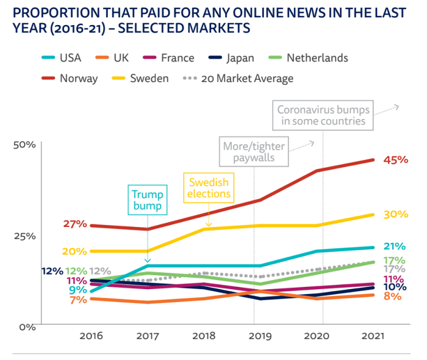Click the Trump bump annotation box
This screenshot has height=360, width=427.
click(148, 200)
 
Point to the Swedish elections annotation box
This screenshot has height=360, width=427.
click(209, 188)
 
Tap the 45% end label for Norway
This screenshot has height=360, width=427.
click(395, 160)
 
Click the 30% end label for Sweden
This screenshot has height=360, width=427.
click(396, 214)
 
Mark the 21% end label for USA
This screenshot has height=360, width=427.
click(395, 247)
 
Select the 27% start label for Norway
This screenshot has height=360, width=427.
click(75, 224)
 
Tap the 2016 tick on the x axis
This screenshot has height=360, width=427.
click(91, 336)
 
